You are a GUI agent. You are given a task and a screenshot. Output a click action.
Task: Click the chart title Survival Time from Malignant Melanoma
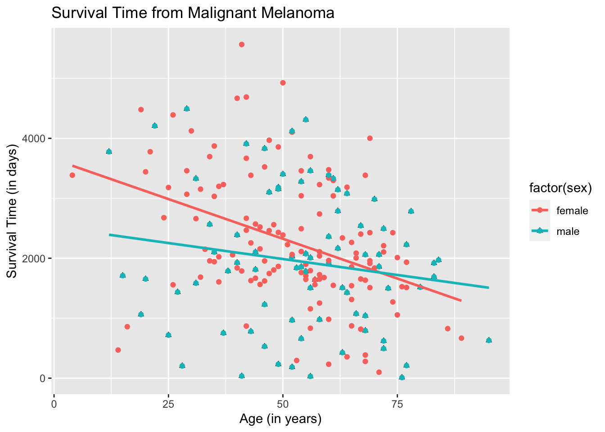coord(193,13)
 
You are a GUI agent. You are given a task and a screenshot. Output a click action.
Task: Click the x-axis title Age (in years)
coord(280,419)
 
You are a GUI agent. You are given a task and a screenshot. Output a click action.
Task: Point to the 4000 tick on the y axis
coord(36,138)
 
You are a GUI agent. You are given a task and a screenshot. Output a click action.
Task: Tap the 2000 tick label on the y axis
coord(36,258)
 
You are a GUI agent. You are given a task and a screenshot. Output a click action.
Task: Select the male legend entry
coord(568,231)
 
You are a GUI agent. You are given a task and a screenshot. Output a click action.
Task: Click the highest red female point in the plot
coord(242,45)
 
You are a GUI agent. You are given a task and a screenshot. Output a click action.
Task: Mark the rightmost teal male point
coord(489,340)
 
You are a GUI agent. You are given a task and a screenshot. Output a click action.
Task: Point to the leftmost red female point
coord(72,175)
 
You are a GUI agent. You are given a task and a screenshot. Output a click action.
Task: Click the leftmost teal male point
coord(109,152)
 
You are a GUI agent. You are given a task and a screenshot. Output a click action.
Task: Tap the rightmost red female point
coord(461,338)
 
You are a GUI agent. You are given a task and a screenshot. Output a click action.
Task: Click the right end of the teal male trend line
coord(488,288)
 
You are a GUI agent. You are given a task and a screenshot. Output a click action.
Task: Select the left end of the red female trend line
coord(72,166)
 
